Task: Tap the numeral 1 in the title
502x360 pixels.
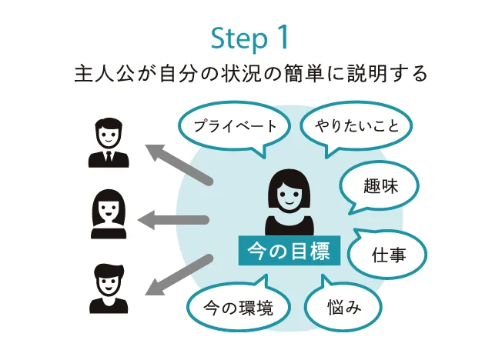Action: pyautogui.click(x=283, y=38)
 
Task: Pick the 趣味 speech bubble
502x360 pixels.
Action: pyautogui.click(x=380, y=185)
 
